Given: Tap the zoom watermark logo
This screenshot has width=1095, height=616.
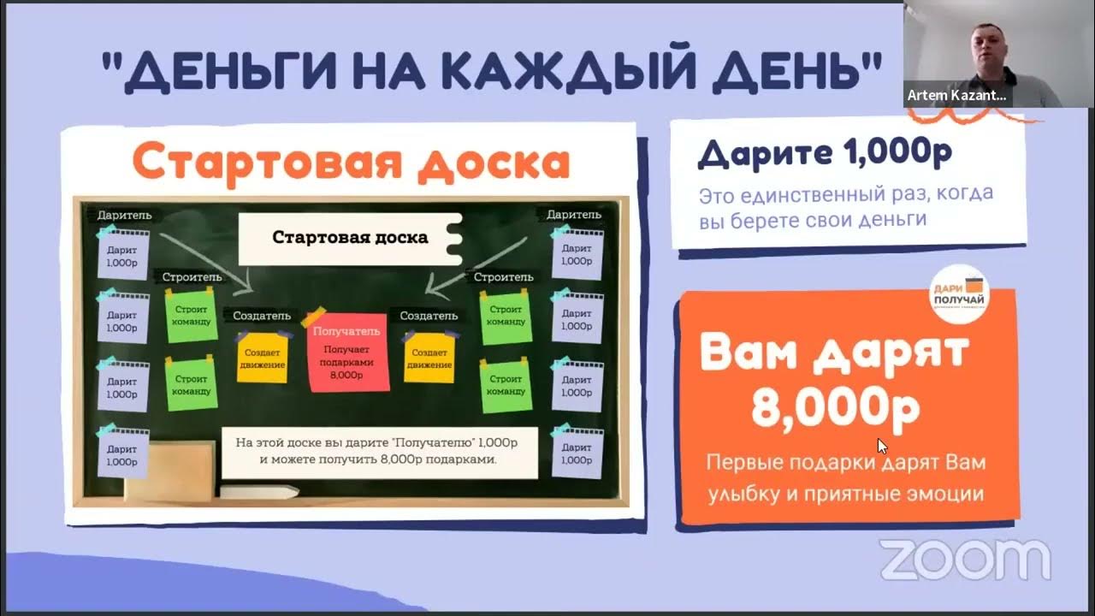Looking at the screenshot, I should [x=965, y=560].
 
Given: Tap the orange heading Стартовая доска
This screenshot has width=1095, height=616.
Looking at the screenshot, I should [x=351, y=163].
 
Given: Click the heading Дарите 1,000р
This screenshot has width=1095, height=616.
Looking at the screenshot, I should [x=826, y=153].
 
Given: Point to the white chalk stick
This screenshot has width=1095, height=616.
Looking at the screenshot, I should [x=258, y=491].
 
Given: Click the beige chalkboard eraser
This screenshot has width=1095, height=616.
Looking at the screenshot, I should [x=170, y=470].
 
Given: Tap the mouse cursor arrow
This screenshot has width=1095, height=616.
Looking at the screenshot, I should [x=882, y=446].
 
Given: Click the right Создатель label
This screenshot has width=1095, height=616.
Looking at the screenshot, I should [x=429, y=316].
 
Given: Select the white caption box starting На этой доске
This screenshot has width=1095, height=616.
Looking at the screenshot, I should [x=380, y=452].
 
